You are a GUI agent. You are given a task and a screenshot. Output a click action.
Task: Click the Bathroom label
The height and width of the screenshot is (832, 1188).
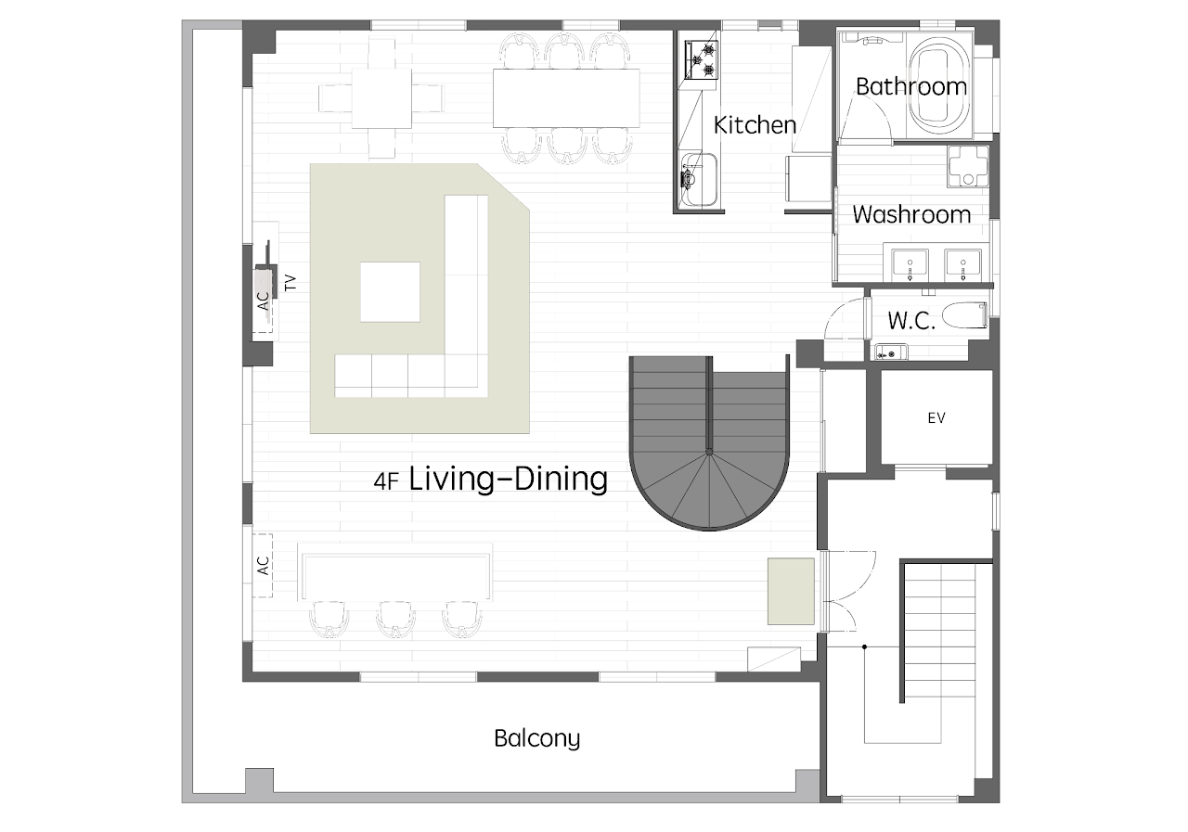click(x=911, y=87)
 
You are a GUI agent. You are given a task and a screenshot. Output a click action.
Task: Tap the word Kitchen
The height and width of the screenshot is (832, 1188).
click(x=755, y=125)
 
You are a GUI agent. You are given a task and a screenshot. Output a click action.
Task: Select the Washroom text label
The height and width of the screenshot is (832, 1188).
click(x=911, y=214)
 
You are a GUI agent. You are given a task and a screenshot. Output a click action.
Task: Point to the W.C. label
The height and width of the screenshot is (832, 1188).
click(x=911, y=321)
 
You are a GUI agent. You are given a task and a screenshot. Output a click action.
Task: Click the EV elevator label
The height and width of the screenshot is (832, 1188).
click(x=936, y=418)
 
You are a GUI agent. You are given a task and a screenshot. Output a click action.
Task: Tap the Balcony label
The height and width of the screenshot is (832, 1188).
click(x=536, y=738)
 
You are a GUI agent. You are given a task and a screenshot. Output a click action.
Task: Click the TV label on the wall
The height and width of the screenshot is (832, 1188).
click(x=291, y=283)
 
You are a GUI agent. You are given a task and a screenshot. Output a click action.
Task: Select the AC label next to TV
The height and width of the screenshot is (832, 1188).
click(x=264, y=301)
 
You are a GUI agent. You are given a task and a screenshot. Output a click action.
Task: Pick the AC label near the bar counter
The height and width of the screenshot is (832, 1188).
click(x=263, y=565)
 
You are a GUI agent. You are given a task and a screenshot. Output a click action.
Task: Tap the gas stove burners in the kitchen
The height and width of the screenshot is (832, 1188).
click(x=701, y=60)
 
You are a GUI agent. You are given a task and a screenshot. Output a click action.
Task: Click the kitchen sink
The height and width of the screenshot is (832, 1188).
click(x=699, y=179)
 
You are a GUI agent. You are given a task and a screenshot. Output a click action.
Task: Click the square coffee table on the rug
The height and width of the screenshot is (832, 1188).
click(x=391, y=291)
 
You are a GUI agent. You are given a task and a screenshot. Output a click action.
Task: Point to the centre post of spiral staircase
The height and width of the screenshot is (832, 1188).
click(x=709, y=452)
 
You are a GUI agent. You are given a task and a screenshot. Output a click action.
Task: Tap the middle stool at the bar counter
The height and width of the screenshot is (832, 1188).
click(x=395, y=619)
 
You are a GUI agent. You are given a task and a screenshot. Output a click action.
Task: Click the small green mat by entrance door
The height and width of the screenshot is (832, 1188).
click(x=791, y=591)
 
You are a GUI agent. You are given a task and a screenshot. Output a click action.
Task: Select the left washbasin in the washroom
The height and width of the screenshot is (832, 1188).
click(x=910, y=265)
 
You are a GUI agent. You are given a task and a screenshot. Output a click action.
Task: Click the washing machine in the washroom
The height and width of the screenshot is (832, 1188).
click(x=968, y=166)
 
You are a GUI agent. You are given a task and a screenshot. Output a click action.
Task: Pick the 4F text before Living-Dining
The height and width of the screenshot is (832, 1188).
click(x=386, y=481)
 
